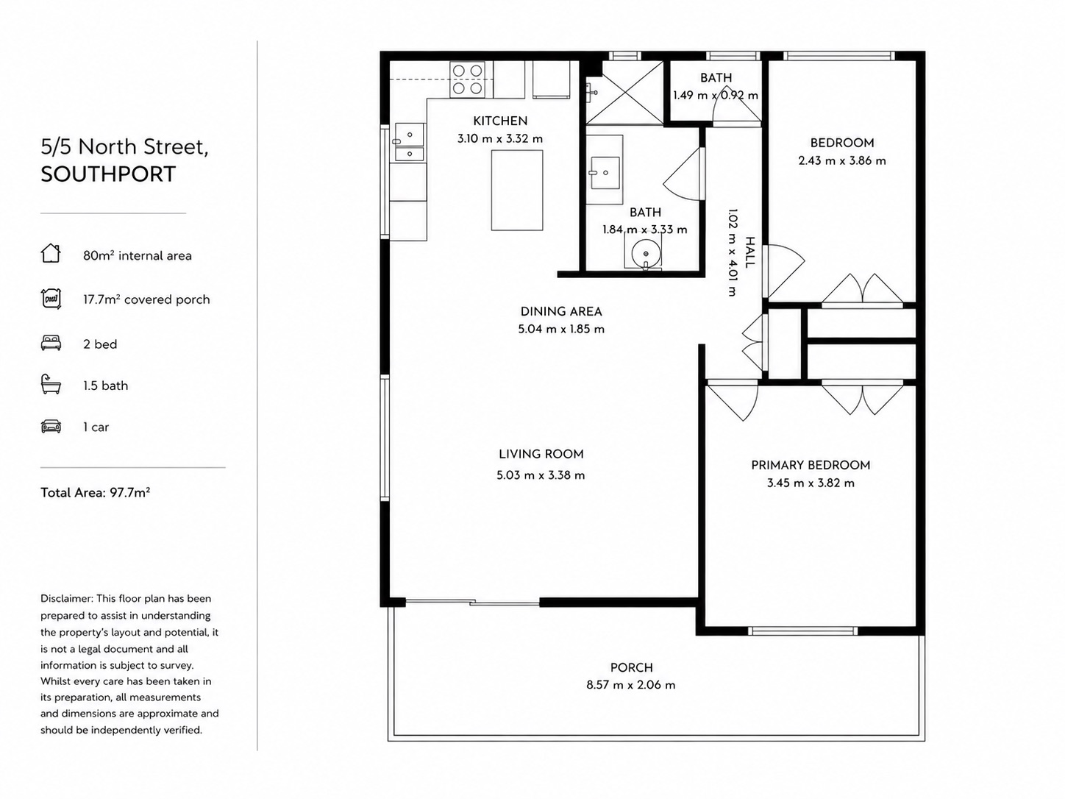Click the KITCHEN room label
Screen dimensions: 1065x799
[499, 121]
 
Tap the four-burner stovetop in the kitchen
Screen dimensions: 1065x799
[467, 79]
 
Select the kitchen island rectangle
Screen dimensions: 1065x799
[517, 190]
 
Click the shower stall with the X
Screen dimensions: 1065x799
[624, 92]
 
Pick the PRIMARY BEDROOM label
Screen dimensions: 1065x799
[811, 465]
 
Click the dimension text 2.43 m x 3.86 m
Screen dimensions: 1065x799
[842, 160]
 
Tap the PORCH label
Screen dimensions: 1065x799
[631, 667]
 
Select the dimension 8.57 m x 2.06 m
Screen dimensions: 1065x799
[631, 685]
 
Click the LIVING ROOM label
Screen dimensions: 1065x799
[541, 454]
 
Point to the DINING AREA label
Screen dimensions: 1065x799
[561, 311]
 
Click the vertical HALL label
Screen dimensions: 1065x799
[749, 252]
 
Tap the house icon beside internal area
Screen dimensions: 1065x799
[51, 253]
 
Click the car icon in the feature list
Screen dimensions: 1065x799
[51, 427]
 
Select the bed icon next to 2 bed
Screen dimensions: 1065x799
[51, 343]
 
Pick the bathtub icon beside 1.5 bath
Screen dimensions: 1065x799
[51, 384]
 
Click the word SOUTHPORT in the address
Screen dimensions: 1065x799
[108, 174]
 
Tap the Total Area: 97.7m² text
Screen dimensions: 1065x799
[95, 492]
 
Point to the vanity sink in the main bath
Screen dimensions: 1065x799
[605, 172]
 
